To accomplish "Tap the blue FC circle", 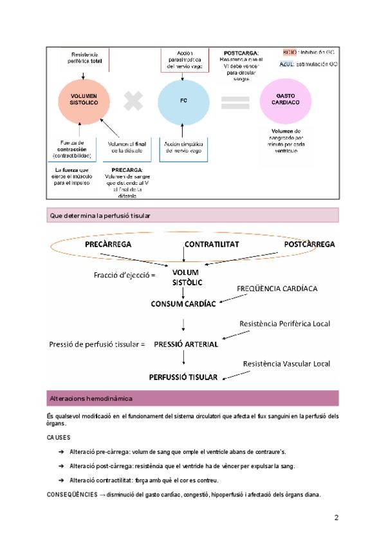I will coord(184,100).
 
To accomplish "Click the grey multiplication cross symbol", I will coord(134,101).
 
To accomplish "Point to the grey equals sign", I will coord(235,102).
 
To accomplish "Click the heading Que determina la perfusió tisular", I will coord(100,216).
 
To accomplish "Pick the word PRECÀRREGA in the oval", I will coord(108,245).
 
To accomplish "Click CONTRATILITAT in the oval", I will coord(212,245).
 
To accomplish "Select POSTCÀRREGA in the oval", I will coord(309,245).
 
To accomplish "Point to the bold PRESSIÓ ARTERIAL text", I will coord(186,344).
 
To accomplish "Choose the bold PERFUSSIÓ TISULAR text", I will coord(183,377).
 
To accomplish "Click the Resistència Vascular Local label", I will coord(286,364).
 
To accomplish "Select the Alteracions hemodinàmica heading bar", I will coord(193,398).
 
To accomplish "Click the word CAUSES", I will coord(59,437).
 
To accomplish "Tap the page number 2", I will coord(336,517).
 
